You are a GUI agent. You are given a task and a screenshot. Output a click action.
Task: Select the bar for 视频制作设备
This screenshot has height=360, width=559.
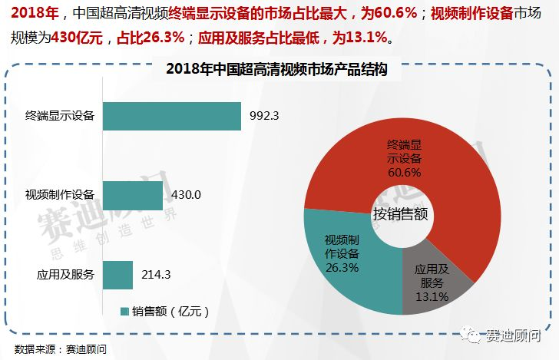[132, 195]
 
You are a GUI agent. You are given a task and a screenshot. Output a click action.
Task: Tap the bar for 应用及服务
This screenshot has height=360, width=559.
[117, 274]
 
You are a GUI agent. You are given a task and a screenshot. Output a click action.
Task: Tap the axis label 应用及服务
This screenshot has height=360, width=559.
[65, 274]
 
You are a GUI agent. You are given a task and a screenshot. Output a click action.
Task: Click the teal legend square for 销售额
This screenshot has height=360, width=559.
[124, 312]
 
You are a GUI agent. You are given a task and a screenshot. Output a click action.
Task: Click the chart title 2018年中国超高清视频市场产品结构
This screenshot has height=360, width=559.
[276, 69]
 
